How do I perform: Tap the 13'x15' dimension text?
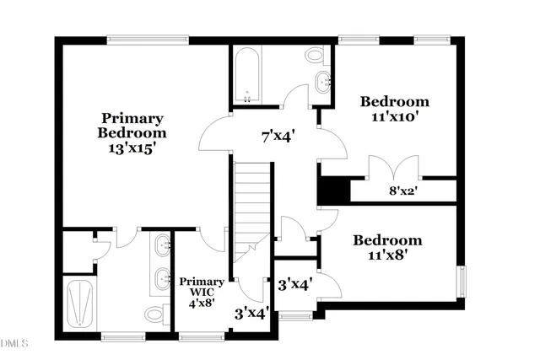pyautogui.click(x=132, y=148)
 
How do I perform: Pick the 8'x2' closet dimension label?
pyautogui.click(x=404, y=191)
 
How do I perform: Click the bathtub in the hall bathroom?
pyautogui.click(x=246, y=76)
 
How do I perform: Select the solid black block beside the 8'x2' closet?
pyautogui.click(x=333, y=190)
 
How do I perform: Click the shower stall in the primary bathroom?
pyautogui.click(x=83, y=304)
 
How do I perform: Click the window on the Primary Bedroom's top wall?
pyautogui.click(x=148, y=38)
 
